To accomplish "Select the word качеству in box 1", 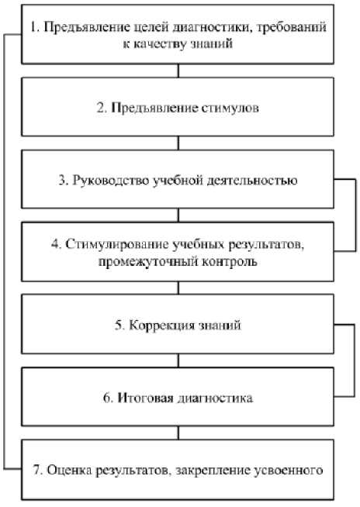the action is coord(160,43).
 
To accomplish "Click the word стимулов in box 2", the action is coord(230,108).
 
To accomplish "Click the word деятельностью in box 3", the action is coord(251,180).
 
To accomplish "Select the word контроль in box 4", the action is coord(230,260).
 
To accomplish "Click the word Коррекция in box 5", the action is coord(159,325).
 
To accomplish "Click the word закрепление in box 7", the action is coord(213,471).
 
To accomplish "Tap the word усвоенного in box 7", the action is coord(289,470).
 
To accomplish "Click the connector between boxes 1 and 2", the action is coord(178,71).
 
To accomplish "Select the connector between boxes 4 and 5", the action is coord(178,288).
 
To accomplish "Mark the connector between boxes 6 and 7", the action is coord(178,433).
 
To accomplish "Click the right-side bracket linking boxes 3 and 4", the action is coord(355,215).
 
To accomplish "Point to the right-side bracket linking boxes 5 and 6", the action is coord(354,360).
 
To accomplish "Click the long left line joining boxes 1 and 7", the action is coord(4,251).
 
